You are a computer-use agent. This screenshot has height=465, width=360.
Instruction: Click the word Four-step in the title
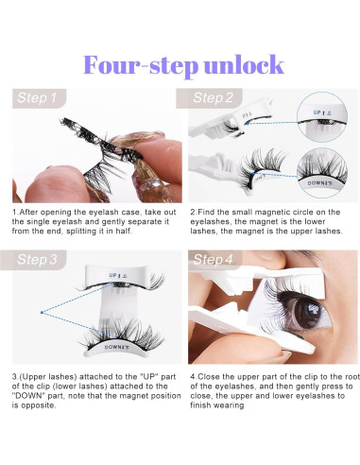coord(141,65)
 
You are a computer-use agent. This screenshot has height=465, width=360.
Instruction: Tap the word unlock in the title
coord(244,64)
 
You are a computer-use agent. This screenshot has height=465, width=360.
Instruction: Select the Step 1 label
coord(37,97)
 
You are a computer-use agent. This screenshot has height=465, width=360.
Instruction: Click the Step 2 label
coord(213,97)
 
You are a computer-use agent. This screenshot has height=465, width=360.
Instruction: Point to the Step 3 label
coord(37,259)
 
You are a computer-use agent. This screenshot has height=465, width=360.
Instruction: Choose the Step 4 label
coord(213,259)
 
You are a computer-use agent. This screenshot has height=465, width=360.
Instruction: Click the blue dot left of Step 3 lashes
coord(42,313)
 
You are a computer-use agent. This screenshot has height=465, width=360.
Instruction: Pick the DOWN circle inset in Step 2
coord(322,173)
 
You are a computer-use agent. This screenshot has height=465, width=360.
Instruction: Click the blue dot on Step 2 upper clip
coord(248,124)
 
